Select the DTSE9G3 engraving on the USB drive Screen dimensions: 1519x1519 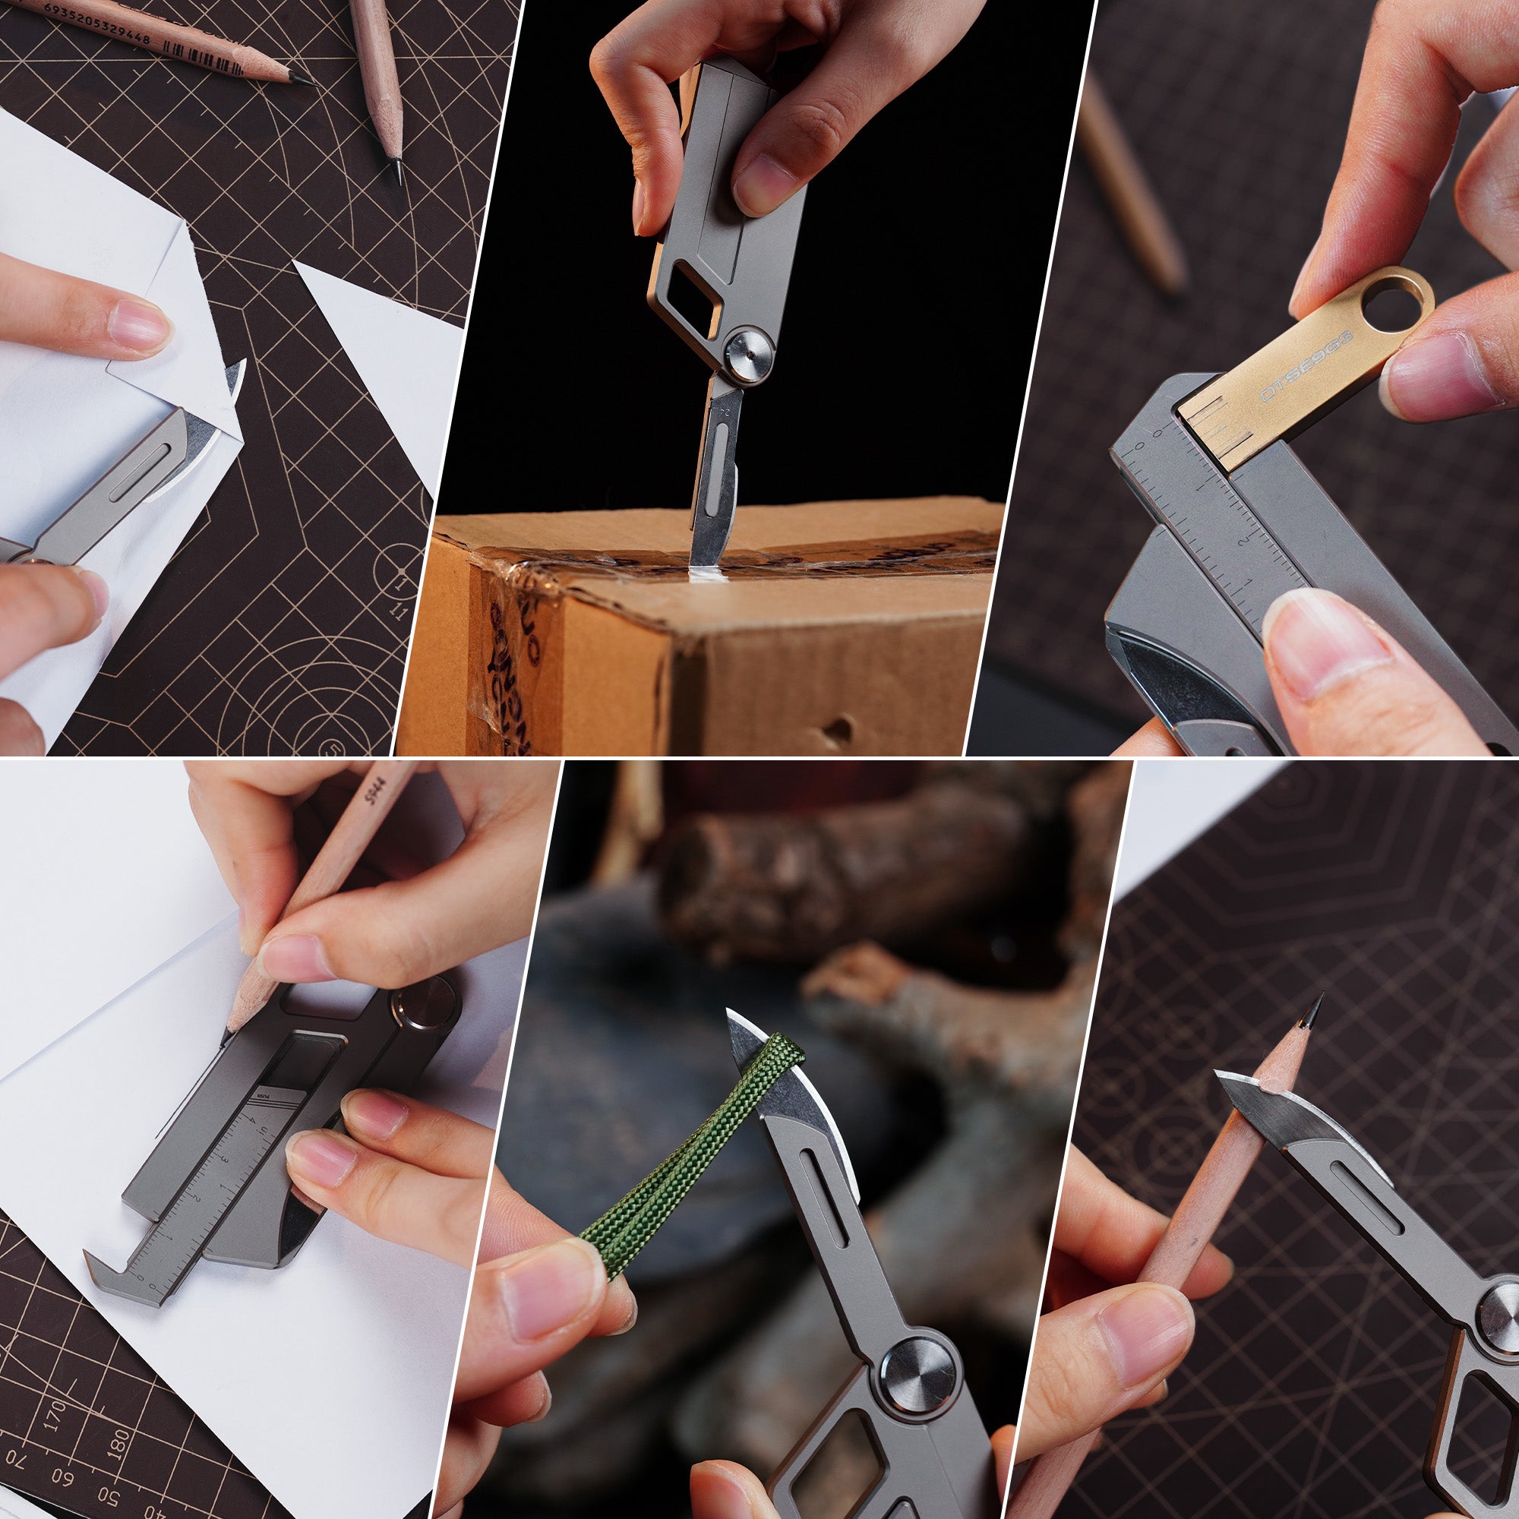1306,366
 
